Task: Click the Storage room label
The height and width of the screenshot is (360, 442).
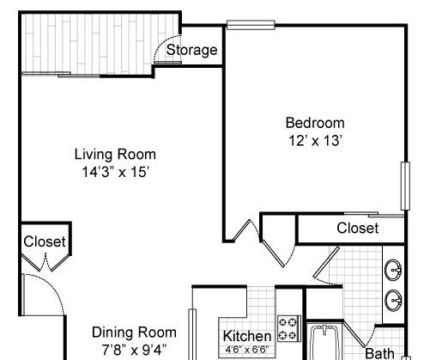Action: [x=191, y=51]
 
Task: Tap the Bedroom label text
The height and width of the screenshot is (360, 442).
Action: [x=315, y=123]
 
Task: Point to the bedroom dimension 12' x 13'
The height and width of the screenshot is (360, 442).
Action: [x=315, y=140]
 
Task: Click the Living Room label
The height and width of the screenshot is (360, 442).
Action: [x=115, y=154]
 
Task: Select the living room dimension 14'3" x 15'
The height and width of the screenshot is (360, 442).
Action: [x=116, y=172]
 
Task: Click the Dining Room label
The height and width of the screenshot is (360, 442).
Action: [x=134, y=333]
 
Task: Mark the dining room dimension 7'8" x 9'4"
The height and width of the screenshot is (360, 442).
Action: [x=134, y=350]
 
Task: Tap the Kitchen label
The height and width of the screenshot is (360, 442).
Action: [x=247, y=336]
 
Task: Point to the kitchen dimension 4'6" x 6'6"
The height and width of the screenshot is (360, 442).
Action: [x=247, y=350]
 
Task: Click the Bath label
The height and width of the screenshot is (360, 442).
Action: [x=379, y=353]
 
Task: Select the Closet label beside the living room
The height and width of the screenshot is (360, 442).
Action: [x=45, y=241]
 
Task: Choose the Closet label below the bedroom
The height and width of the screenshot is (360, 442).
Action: [x=358, y=229]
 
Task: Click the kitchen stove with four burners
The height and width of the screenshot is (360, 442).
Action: [x=289, y=328]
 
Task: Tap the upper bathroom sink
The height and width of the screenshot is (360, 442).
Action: [x=393, y=270]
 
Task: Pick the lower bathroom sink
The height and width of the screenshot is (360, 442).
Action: [x=393, y=301]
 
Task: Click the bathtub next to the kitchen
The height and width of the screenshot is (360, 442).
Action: [x=324, y=342]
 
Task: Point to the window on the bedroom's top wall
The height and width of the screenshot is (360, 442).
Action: [x=251, y=25]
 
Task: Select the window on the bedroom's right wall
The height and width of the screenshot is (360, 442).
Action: [x=405, y=186]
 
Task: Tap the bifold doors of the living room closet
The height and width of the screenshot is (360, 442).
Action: [x=45, y=263]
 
